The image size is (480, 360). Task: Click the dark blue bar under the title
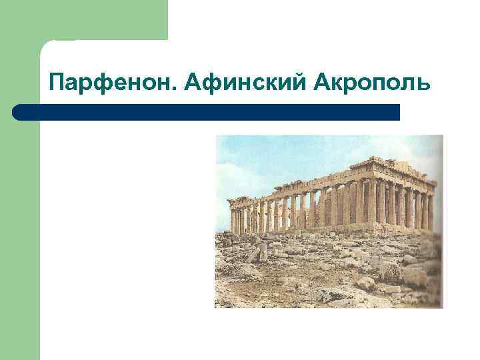click(x=207, y=112)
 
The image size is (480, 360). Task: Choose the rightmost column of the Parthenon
click(x=431, y=211)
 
